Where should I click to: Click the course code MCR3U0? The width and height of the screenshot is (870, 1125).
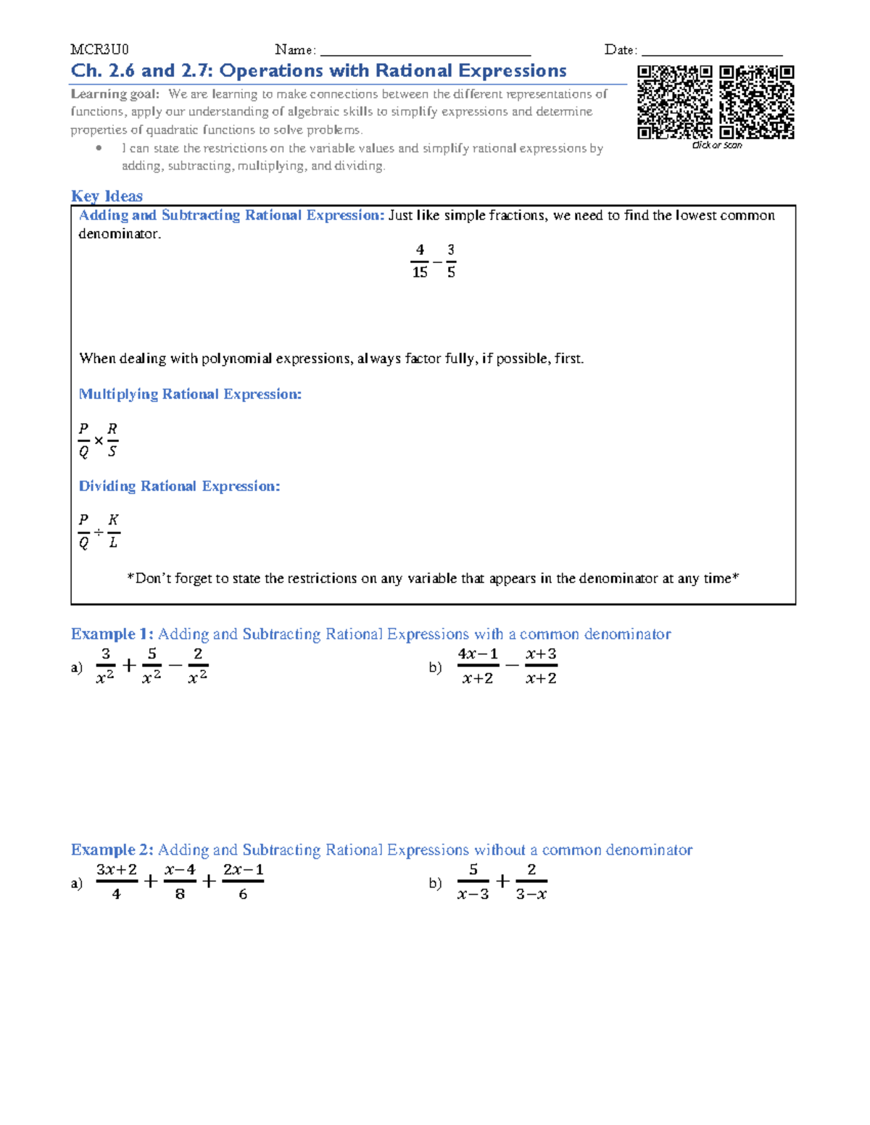click(x=99, y=49)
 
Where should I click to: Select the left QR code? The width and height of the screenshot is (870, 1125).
click(x=675, y=102)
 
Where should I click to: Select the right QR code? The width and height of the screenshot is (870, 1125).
click(x=757, y=102)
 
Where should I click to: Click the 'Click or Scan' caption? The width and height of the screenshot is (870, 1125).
click(x=717, y=145)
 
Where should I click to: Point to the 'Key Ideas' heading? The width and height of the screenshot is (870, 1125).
click(x=107, y=196)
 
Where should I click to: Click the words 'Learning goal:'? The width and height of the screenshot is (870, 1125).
click(x=115, y=93)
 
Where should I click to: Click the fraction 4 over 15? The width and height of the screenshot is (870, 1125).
click(x=420, y=261)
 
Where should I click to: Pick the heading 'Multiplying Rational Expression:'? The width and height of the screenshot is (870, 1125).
click(x=190, y=394)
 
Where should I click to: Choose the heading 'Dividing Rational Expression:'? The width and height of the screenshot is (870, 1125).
click(x=179, y=486)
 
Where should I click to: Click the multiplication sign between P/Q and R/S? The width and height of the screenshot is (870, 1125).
click(x=99, y=440)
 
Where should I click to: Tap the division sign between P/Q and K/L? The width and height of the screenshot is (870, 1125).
click(x=99, y=532)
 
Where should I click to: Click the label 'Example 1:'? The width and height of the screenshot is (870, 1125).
click(x=112, y=634)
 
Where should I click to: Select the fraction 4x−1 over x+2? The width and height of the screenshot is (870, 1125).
click(x=478, y=666)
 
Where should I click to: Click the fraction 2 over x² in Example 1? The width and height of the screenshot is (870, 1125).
click(x=197, y=666)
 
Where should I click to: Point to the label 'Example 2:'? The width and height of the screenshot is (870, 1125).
click(x=112, y=850)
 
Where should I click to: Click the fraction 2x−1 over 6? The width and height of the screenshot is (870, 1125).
click(x=243, y=882)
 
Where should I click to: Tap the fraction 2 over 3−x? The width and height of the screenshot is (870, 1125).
click(x=531, y=882)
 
